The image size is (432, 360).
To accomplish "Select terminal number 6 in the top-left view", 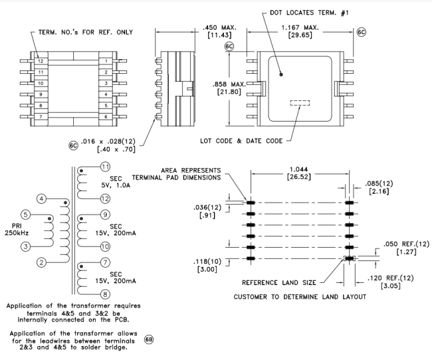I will click(x=106, y=117).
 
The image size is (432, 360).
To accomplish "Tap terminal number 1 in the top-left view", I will click(x=106, y=61).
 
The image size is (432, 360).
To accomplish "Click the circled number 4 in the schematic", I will click(x=41, y=199).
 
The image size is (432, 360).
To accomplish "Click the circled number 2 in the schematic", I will click(x=41, y=262).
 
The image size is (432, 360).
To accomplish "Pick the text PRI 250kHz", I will click(x=14, y=229).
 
